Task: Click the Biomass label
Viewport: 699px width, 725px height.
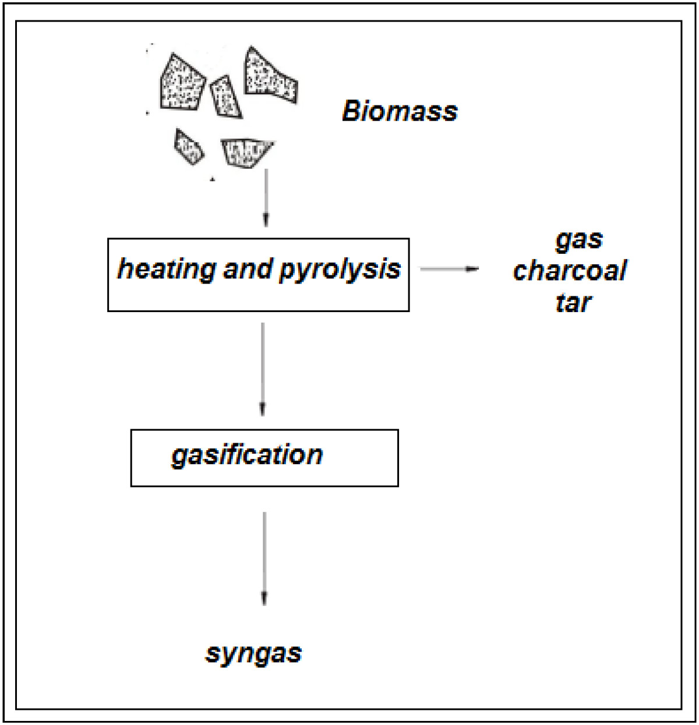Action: coord(400,111)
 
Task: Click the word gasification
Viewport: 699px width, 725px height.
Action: coord(247,455)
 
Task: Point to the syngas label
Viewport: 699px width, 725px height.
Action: coord(253,653)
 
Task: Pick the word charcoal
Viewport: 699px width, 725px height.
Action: coord(570,271)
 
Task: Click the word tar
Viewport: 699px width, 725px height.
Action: coord(573,302)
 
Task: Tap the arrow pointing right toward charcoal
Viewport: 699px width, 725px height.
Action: coord(449,269)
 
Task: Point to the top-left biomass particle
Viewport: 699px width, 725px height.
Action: coord(181,82)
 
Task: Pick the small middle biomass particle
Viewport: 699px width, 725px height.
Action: coord(225,97)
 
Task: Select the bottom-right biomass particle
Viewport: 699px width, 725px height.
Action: coord(246,152)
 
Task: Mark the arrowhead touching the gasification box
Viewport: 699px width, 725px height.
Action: coord(263,410)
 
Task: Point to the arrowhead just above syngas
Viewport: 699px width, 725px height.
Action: coord(264,599)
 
